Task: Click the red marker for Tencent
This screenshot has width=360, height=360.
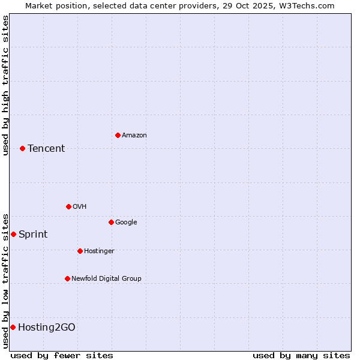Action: [22, 148]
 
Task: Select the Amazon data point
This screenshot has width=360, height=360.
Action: [118, 135]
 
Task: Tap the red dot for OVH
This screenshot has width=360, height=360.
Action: [68, 206]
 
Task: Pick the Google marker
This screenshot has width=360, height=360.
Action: [111, 222]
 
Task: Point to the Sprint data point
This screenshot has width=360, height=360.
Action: [13, 234]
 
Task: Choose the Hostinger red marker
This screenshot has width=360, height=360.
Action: [80, 251]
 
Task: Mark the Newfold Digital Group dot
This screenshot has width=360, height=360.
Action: [67, 278]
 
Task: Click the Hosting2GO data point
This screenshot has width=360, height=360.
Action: [13, 327]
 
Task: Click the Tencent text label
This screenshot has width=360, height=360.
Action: [46, 149]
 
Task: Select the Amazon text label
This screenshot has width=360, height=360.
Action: [134, 136]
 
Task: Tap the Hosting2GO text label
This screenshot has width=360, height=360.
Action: [47, 328]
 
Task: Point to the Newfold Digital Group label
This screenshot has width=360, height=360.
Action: [106, 278]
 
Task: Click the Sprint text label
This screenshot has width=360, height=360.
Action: [33, 235]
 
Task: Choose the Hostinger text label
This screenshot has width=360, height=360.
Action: [99, 251]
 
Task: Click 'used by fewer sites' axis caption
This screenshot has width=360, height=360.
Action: [62, 355]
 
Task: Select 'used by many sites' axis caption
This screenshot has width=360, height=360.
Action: [301, 355]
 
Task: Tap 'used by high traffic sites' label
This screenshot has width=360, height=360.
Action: [5, 85]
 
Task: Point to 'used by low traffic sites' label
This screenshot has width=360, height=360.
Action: [5, 280]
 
